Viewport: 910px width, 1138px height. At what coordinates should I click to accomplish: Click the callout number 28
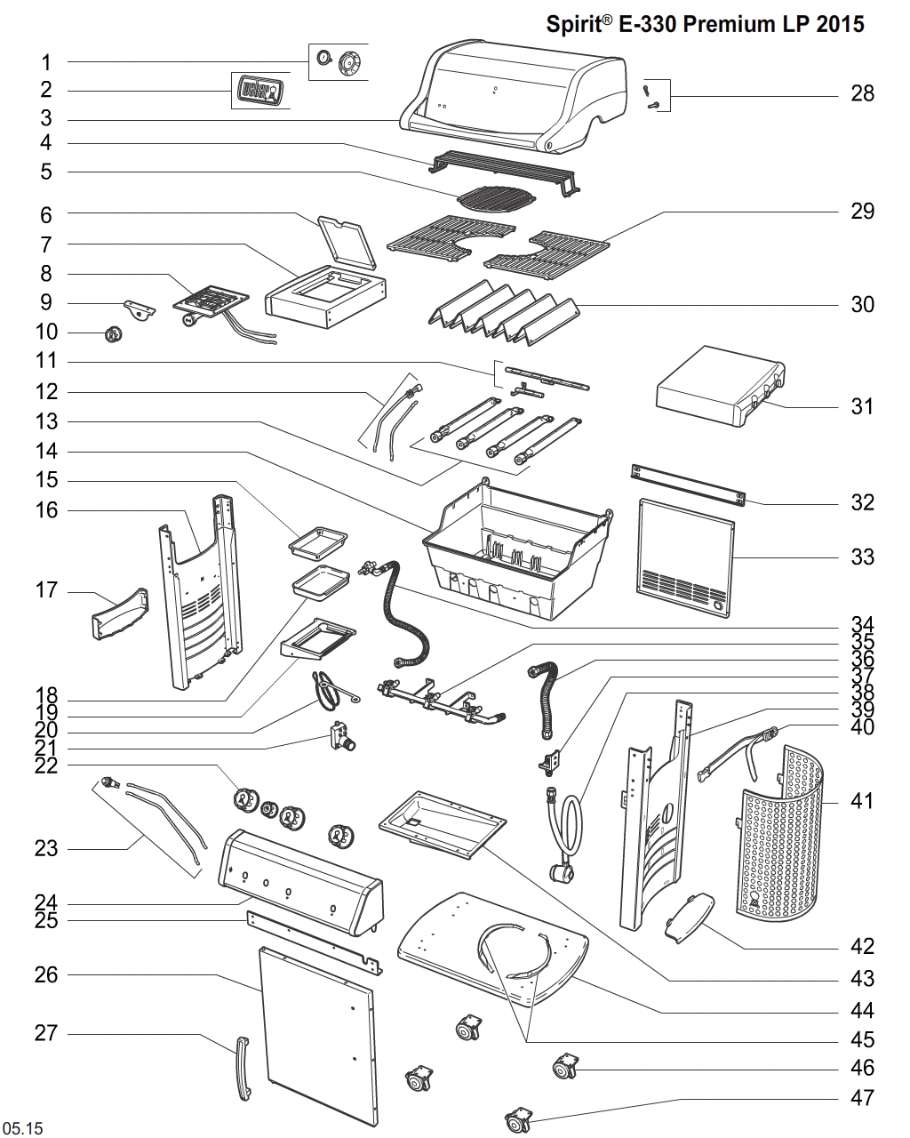click(x=862, y=93)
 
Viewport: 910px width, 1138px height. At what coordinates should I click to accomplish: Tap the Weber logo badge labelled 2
click(x=259, y=90)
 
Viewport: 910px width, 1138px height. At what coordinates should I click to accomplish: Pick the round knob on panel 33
click(x=718, y=605)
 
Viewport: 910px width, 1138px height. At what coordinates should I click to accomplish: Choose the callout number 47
click(x=862, y=1097)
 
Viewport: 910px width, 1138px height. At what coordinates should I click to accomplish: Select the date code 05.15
click(x=23, y=1128)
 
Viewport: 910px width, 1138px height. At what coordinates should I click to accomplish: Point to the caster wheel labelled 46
click(x=563, y=1067)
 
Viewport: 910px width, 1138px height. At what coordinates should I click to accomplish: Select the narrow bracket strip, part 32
click(x=689, y=483)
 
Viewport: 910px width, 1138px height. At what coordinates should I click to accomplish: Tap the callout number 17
click(x=46, y=589)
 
